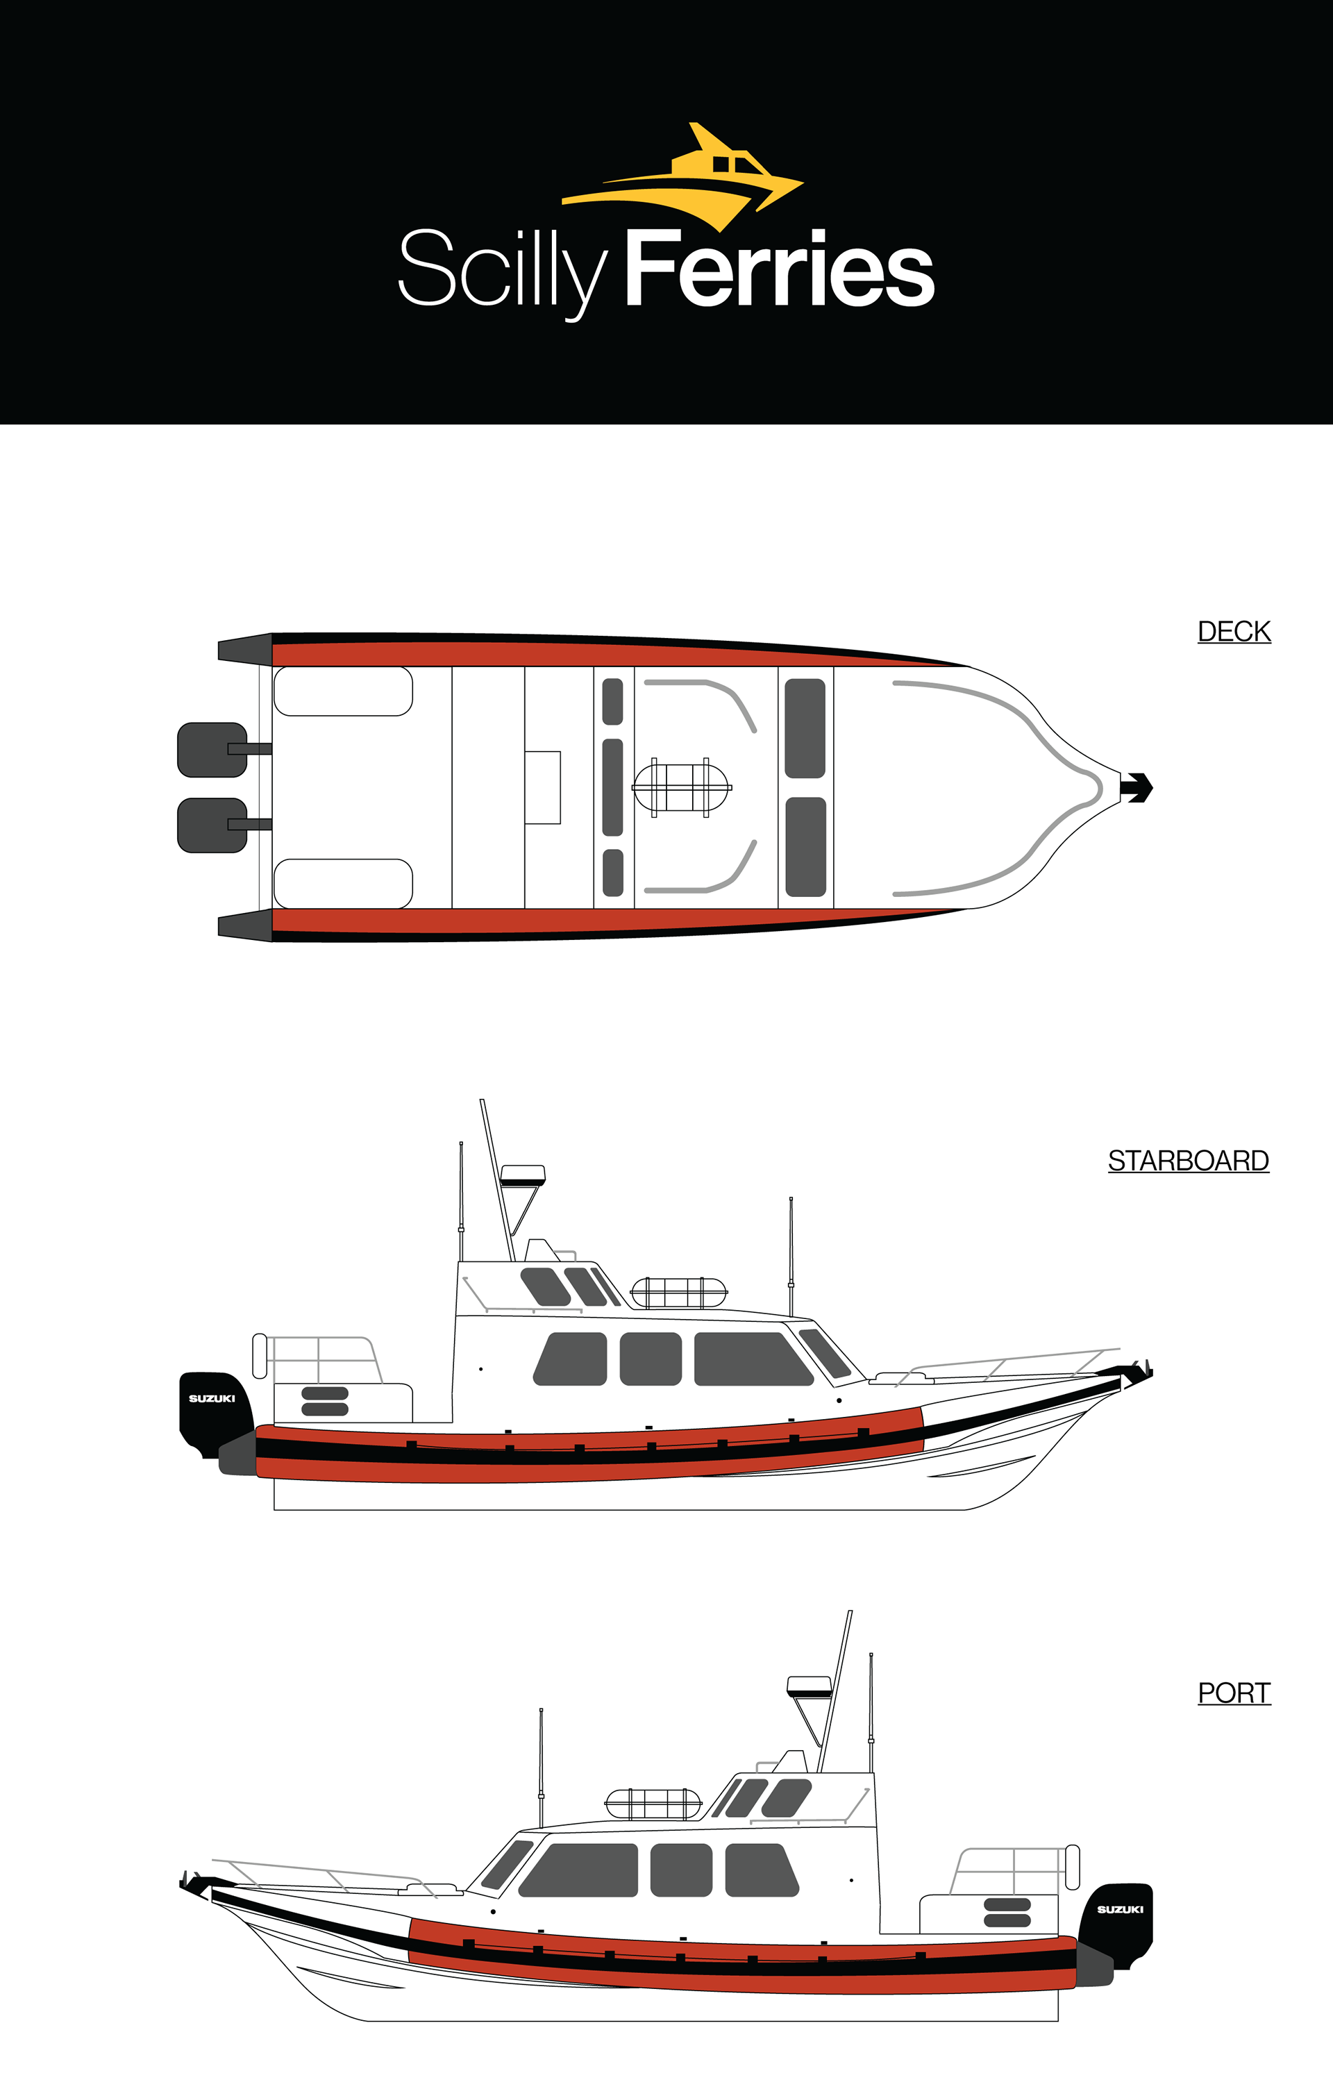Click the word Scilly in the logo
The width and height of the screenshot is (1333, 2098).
(501, 269)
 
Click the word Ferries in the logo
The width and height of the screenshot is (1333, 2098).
(779, 269)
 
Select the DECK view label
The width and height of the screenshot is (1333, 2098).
(1234, 632)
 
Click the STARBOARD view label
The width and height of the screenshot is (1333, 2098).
(1187, 1161)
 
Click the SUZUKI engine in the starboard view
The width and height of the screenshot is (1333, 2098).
(212, 1407)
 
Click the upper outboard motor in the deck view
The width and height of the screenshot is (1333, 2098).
(212, 749)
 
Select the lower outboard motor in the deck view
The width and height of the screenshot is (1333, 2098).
(212, 825)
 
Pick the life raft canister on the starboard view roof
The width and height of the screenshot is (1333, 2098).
(679, 1293)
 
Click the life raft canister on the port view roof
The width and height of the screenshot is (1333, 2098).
(653, 1804)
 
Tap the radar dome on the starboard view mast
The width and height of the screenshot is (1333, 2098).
(523, 1175)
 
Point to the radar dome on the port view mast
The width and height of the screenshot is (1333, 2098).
(809, 1686)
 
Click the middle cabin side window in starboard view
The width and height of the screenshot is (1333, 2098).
(651, 1359)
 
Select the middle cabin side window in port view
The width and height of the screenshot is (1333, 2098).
(681, 1870)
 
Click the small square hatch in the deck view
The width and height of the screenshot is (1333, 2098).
(542, 787)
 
